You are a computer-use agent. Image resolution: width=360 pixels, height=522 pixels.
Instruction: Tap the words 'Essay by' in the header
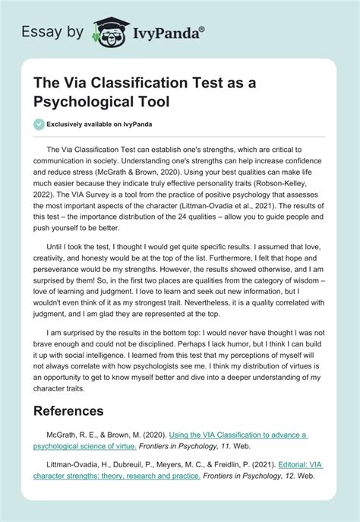(x=55, y=31)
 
